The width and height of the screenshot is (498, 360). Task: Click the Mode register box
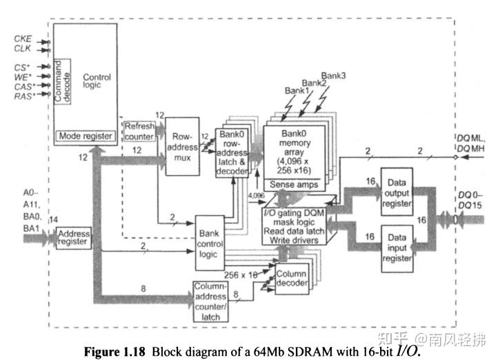coord(84,136)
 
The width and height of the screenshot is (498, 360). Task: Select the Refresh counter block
coord(139,130)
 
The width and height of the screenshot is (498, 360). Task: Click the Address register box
coord(72,238)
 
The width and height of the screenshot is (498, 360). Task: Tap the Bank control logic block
coord(215,243)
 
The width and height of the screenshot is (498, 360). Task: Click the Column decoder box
coord(291,279)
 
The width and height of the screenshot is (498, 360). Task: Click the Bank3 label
coord(334,74)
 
